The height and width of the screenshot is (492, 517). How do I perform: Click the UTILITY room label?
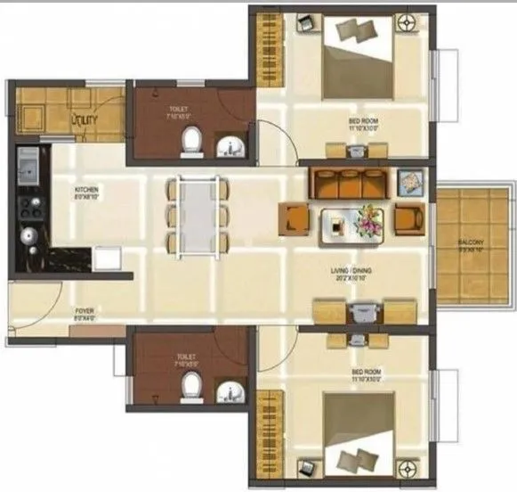pos(85,116)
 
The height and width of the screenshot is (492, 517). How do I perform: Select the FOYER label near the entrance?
pos(85,315)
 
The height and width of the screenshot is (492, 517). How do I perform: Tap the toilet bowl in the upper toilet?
pos(190,140)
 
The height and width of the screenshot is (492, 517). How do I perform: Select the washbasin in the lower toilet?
pos(230,388)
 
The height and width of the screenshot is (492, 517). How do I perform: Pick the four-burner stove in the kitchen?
pos(28,206)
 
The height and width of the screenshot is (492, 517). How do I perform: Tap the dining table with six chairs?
pos(196,214)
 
